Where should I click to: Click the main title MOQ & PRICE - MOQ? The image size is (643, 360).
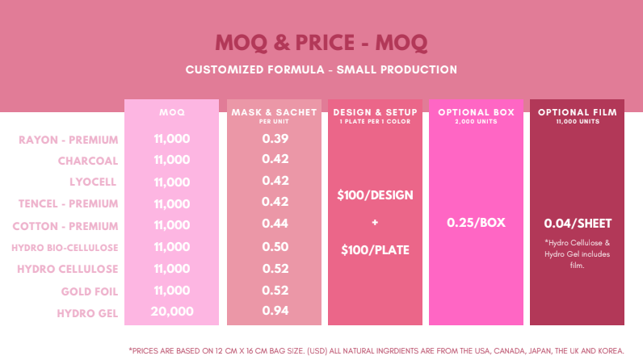tap(321, 41)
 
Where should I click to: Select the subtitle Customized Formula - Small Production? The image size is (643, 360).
tap(321, 69)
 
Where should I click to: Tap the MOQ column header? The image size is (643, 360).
tap(172, 112)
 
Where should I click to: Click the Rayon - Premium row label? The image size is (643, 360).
tap(69, 140)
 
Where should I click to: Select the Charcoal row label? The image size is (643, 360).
tap(88, 161)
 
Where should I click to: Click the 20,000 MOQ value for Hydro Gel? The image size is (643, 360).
tap(172, 312)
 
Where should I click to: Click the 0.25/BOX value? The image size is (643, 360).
tap(475, 222)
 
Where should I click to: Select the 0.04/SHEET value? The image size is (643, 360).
tap(577, 223)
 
